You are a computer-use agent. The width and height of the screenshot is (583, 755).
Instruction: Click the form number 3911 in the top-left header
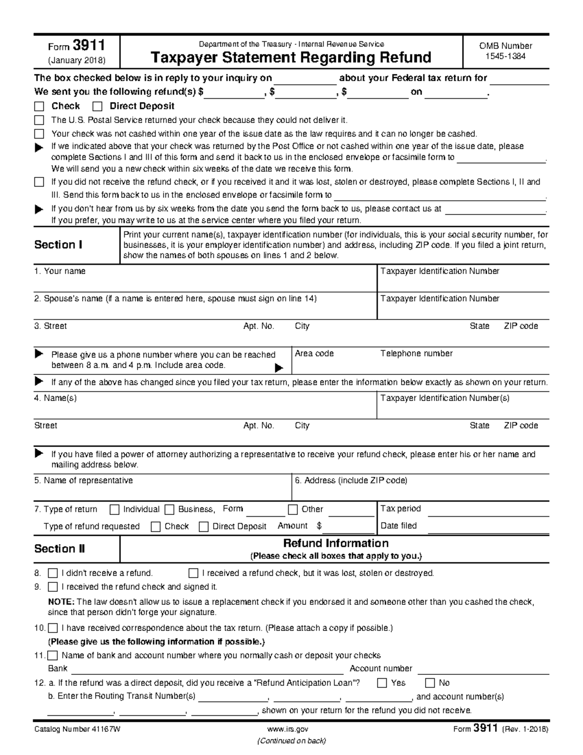coord(88,46)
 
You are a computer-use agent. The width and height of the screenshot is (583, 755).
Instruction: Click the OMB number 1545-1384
coord(505,56)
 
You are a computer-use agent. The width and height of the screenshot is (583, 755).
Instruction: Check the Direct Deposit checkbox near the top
coord(98,106)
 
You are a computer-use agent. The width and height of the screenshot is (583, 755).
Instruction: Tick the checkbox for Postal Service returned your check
coord(39,120)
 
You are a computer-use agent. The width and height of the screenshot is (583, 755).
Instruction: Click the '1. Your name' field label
coord(60,271)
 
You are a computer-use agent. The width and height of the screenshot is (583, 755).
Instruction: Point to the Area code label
coord(314,354)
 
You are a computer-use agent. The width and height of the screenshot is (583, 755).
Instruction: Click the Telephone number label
coord(416,354)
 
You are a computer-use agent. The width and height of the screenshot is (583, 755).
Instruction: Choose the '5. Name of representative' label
coord(83,481)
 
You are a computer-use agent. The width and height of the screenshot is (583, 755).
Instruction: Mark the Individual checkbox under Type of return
coord(115,509)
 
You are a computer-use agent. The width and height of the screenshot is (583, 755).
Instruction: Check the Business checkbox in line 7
coord(170,509)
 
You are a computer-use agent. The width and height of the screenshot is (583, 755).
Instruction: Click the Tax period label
coord(400,509)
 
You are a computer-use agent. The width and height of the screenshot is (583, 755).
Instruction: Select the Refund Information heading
coord(336,544)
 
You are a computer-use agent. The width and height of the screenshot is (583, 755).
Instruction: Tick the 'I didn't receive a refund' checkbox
coord(53,573)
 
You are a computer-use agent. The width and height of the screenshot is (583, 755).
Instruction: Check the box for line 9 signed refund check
coord(53,587)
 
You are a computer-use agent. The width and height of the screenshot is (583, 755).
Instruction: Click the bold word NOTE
coord(61,602)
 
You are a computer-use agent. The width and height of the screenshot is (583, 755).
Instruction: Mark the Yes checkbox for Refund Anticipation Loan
coord(382,683)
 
